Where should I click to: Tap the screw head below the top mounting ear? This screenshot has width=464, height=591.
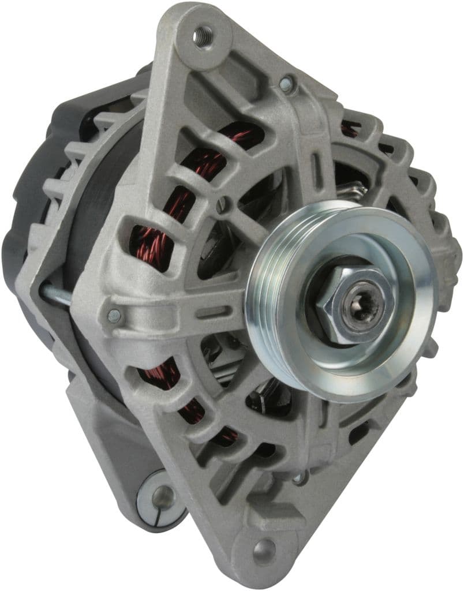pyautogui.click(x=286, y=84)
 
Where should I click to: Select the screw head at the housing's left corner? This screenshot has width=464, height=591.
pyautogui.click(x=114, y=315)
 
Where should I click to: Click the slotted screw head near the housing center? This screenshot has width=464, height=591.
pyautogui.click(x=223, y=203)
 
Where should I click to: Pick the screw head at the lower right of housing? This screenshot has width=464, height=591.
pyautogui.click(x=300, y=477)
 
